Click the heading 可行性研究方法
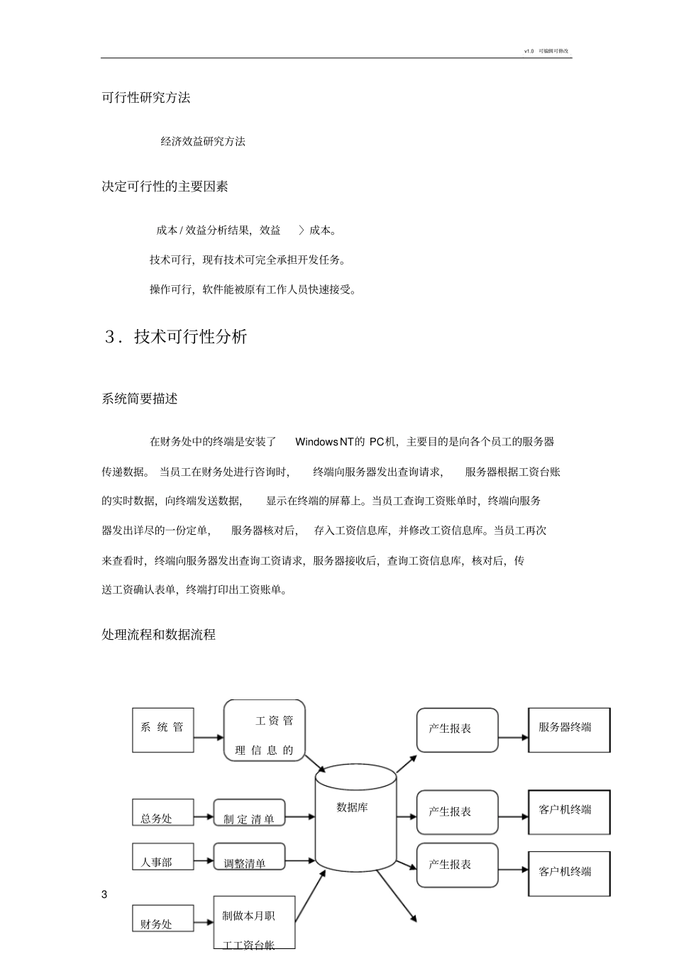pyautogui.click(x=146, y=98)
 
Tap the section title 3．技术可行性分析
pyautogui.click(x=176, y=337)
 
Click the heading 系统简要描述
pyautogui.click(x=140, y=399)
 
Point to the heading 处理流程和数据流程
pyautogui.click(x=159, y=635)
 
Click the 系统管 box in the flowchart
pyautogui.click(x=162, y=729)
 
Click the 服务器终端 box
pyautogui.click(x=569, y=729)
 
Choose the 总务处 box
pyautogui.click(x=162, y=812)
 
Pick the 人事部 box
pyautogui.click(x=162, y=856)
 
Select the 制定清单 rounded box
pyautogui.click(x=249, y=813)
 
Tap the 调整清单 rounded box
pyautogui.click(x=249, y=857)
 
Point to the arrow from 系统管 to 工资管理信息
pyautogui.click(x=209, y=737)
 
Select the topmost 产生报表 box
pyautogui.click(x=458, y=730)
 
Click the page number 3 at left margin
pyautogui.click(x=104, y=894)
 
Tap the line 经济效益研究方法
pyautogui.click(x=203, y=142)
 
